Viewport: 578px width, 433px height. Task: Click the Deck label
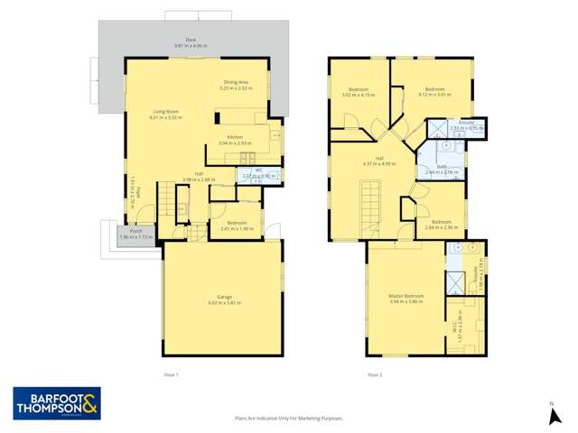pos(191,41)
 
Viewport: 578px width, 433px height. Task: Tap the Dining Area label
pos(236,84)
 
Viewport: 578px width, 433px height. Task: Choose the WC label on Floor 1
pos(254,171)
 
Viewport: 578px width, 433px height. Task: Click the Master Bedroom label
pos(406,297)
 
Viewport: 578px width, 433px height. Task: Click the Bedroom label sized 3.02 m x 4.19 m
pos(357,90)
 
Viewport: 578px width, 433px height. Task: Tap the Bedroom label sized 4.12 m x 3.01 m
pos(433,88)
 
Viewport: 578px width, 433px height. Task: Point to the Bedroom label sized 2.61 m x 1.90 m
pos(237,225)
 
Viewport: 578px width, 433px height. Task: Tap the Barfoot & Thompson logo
pos(56,403)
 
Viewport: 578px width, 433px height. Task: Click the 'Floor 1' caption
pos(172,373)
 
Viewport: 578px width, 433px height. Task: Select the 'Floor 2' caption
pos(374,373)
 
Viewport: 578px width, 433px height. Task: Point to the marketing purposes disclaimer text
pos(288,418)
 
